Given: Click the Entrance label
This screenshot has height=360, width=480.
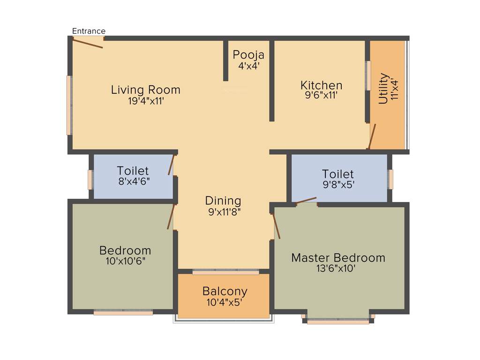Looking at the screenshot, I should pyautogui.click(x=89, y=31).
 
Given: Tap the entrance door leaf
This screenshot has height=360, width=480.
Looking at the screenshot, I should pyautogui.click(x=88, y=43).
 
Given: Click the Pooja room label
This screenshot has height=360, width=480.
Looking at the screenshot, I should pyautogui.click(x=249, y=54).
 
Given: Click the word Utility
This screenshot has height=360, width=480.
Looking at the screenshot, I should pyautogui.click(x=383, y=88).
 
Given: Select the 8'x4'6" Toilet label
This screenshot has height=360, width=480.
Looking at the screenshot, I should pyautogui.click(x=133, y=171).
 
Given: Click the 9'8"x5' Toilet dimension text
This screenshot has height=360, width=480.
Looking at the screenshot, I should pyautogui.click(x=337, y=185).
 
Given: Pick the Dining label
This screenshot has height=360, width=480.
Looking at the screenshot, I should pyautogui.click(x=223, y=201).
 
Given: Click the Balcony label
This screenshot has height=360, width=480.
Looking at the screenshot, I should pyautogui.click(x=225, y=291).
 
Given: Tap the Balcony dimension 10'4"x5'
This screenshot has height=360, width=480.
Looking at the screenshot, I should pyautogui.click(x=225, y=302).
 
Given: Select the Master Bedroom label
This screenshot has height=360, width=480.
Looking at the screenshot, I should pyautogui.click(x=338, y=257).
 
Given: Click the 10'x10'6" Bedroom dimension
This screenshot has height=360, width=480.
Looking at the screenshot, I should pyautogui.click(x=125, y=261).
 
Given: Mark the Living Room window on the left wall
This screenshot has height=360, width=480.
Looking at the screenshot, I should pyautogui.click(x=69, y=105).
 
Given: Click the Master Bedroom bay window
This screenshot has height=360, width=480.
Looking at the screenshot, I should pyautogui.click(x=338, y=322).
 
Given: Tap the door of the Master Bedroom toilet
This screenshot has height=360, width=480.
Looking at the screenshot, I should pyautogui.click(x=307, y=201).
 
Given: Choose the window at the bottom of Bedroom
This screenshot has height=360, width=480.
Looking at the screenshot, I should pyautogui.click(x=123, y=312).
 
